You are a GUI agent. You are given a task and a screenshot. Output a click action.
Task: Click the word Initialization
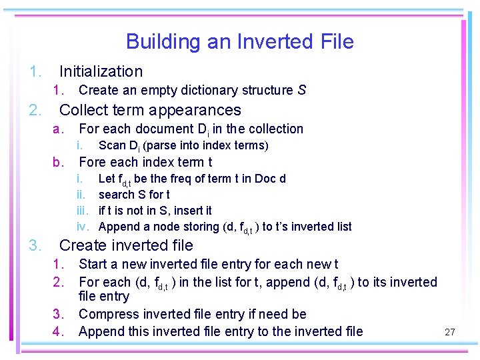101,71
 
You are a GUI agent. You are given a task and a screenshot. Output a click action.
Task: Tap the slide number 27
449,331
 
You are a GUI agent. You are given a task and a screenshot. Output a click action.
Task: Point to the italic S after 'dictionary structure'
302,90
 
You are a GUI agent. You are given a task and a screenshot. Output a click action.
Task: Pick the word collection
275,129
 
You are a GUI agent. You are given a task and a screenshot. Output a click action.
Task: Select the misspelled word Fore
92,162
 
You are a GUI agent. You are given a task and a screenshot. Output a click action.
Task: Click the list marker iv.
83,227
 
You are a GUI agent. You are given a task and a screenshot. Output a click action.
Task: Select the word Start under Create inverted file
93,265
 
